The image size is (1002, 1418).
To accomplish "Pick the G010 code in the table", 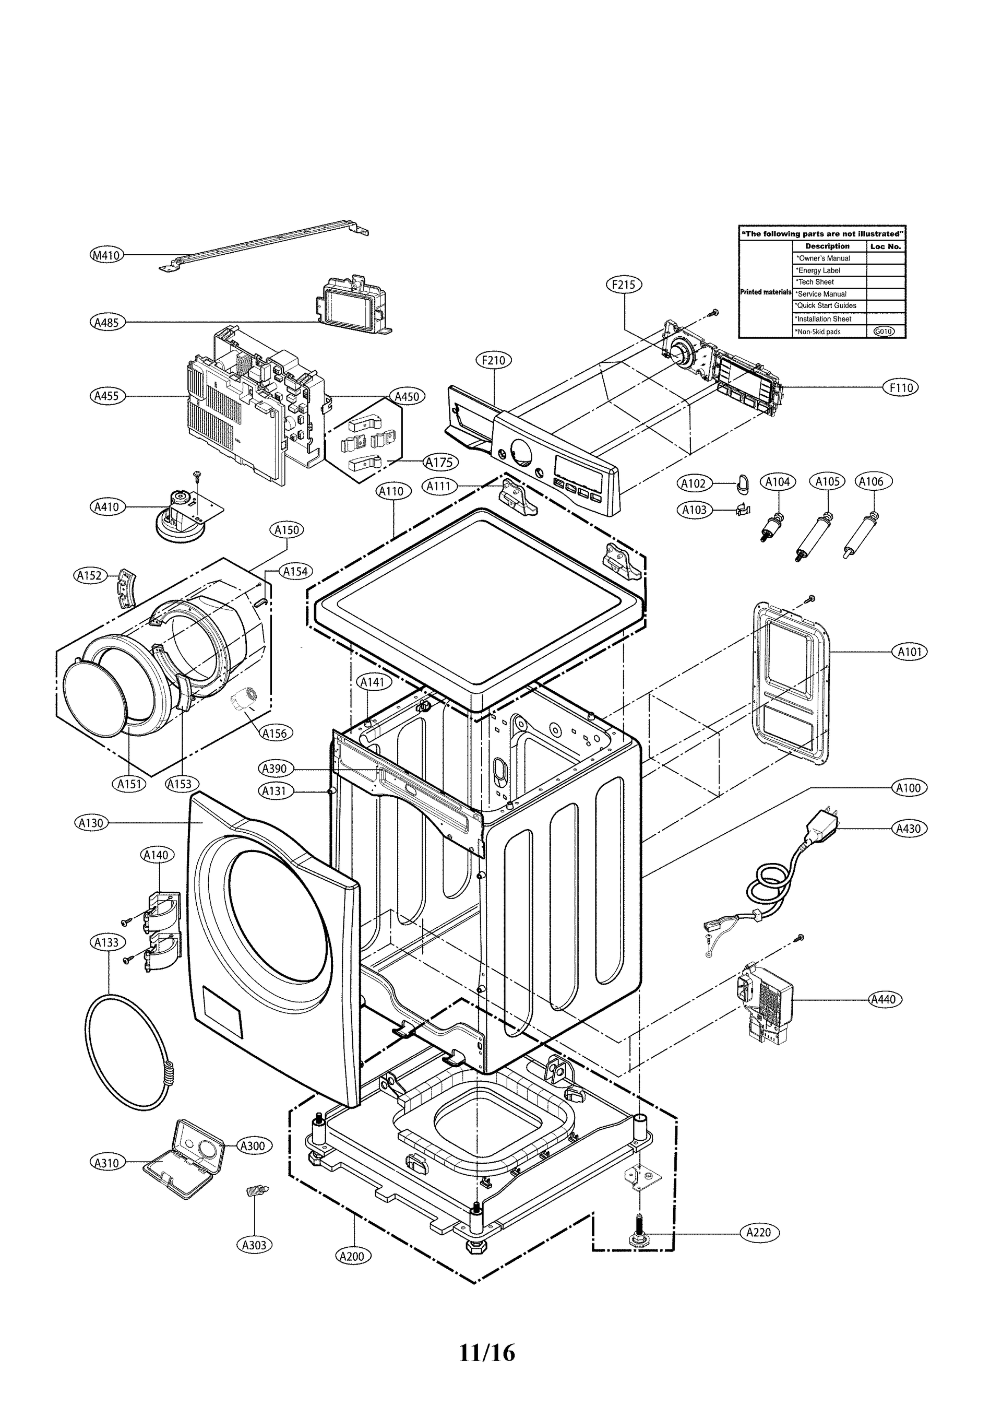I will pos(884,332).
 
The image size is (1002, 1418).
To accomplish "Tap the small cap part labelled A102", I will pos(742,484).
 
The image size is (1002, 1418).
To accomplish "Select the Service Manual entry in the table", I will pos(822,294).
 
